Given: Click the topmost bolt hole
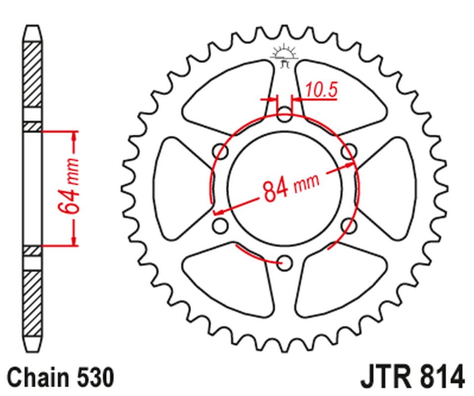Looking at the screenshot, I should click(x=284, y=115).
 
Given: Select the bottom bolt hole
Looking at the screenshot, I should click(x=284, y=262).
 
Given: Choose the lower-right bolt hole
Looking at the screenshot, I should click(x=349, y=226).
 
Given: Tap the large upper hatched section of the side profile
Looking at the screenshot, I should click(x=33, y=74).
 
